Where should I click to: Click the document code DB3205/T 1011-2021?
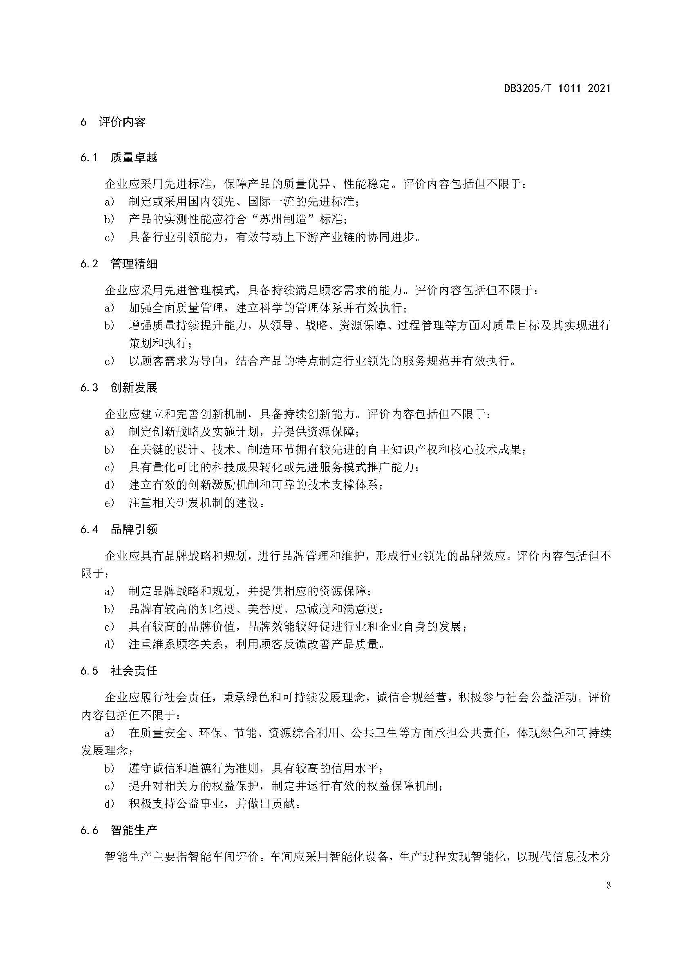tap(557, 88)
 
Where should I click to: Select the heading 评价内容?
tap(122, 122)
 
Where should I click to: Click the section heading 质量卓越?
tap(134, 157)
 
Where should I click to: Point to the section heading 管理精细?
tap(134, 264)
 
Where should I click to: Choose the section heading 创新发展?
tap(134, 387)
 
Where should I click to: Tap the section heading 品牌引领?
tap(134, 529)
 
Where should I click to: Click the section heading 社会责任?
tap(134, 671)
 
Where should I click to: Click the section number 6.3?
tap(89, 387)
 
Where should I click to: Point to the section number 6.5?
tap(89, 671)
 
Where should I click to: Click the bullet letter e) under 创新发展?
tap(109, 503)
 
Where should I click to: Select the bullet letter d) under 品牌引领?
tap(109, 645)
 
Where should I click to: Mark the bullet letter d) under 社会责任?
tap(109, 804)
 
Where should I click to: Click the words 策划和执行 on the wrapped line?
tap(158, 343)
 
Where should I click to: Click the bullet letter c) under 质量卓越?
tap(109, 237)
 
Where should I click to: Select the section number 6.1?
tap(89, 157)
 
